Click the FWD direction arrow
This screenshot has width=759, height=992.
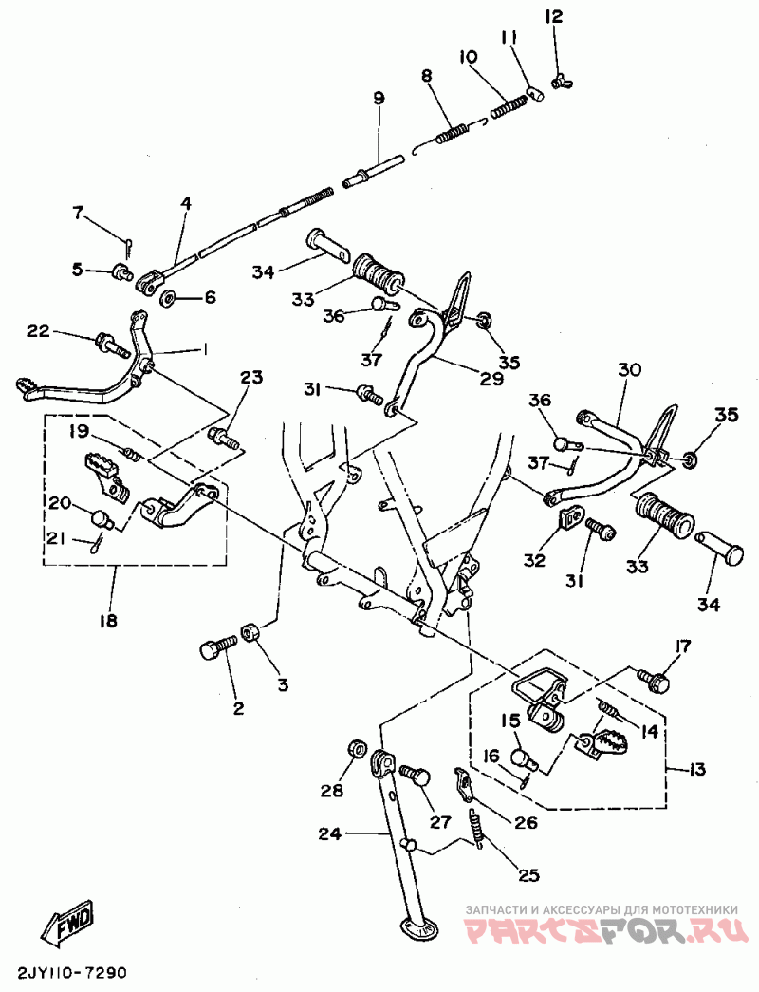pyautogui.click(x=68, y=922)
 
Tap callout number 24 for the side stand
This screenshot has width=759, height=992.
pyautogui.click(x=329, y=835)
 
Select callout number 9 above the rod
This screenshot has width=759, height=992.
pyautogui.click(x=379, y=98)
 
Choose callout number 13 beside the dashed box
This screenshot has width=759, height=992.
pyautogui.click(x=697, y=769)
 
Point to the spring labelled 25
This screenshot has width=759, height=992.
pyautogui.click(x=480, y=827)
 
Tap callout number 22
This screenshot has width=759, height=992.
pyautogui.click(x=38, y=330)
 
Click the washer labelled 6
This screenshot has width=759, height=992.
pyautogui.click(x=168, y=299)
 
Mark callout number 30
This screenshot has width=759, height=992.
pyautogui.click(x=629, y=368)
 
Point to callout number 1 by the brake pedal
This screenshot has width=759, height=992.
pyautogui.click(x=202, y=350)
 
